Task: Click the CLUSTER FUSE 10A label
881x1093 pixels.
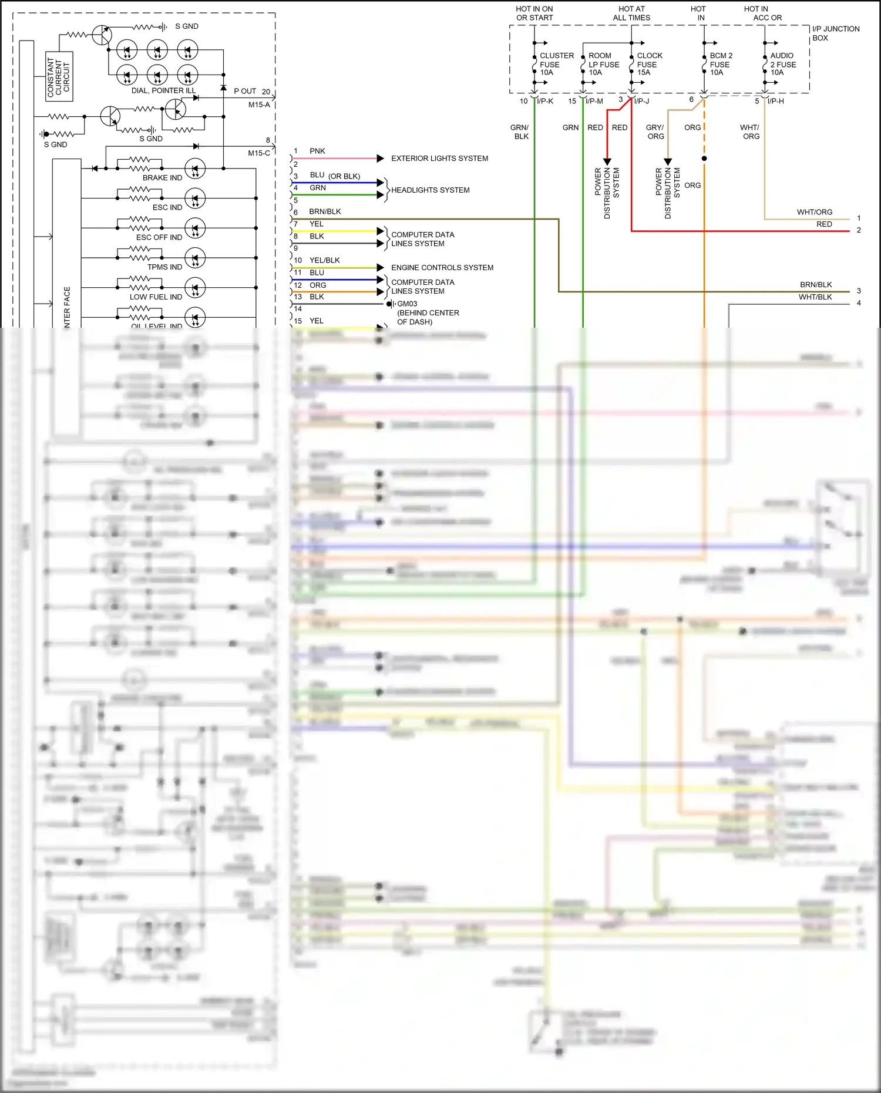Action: (556, 64)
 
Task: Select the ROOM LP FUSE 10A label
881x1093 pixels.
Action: (604, 64)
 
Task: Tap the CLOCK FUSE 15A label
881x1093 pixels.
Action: (649, 64)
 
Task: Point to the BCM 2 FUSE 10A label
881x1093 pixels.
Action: (720, 64)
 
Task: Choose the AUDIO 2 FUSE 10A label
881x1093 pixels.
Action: (782, 64)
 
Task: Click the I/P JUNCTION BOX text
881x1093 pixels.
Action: (835, 33)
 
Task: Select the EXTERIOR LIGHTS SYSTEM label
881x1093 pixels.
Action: (439, 159)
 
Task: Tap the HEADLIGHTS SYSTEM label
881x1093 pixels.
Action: (430, 190)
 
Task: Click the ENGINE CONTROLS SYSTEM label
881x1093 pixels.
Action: (442, 268)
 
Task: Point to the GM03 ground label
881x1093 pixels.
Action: (407, 304)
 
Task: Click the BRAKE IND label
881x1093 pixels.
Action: (162, 178)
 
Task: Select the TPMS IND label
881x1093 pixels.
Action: (164, 267)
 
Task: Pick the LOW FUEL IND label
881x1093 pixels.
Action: (156, 297)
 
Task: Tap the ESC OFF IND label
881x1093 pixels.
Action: (159, 238)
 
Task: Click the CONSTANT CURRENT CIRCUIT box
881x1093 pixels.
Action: (59, 76)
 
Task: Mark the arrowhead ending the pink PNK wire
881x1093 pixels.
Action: (380, 159)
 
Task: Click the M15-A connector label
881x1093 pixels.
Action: (259, 105)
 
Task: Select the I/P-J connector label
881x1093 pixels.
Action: (641, 102)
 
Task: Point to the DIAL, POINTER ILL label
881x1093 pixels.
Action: (163, 91)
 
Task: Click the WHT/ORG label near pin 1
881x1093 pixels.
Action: (814, 213)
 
